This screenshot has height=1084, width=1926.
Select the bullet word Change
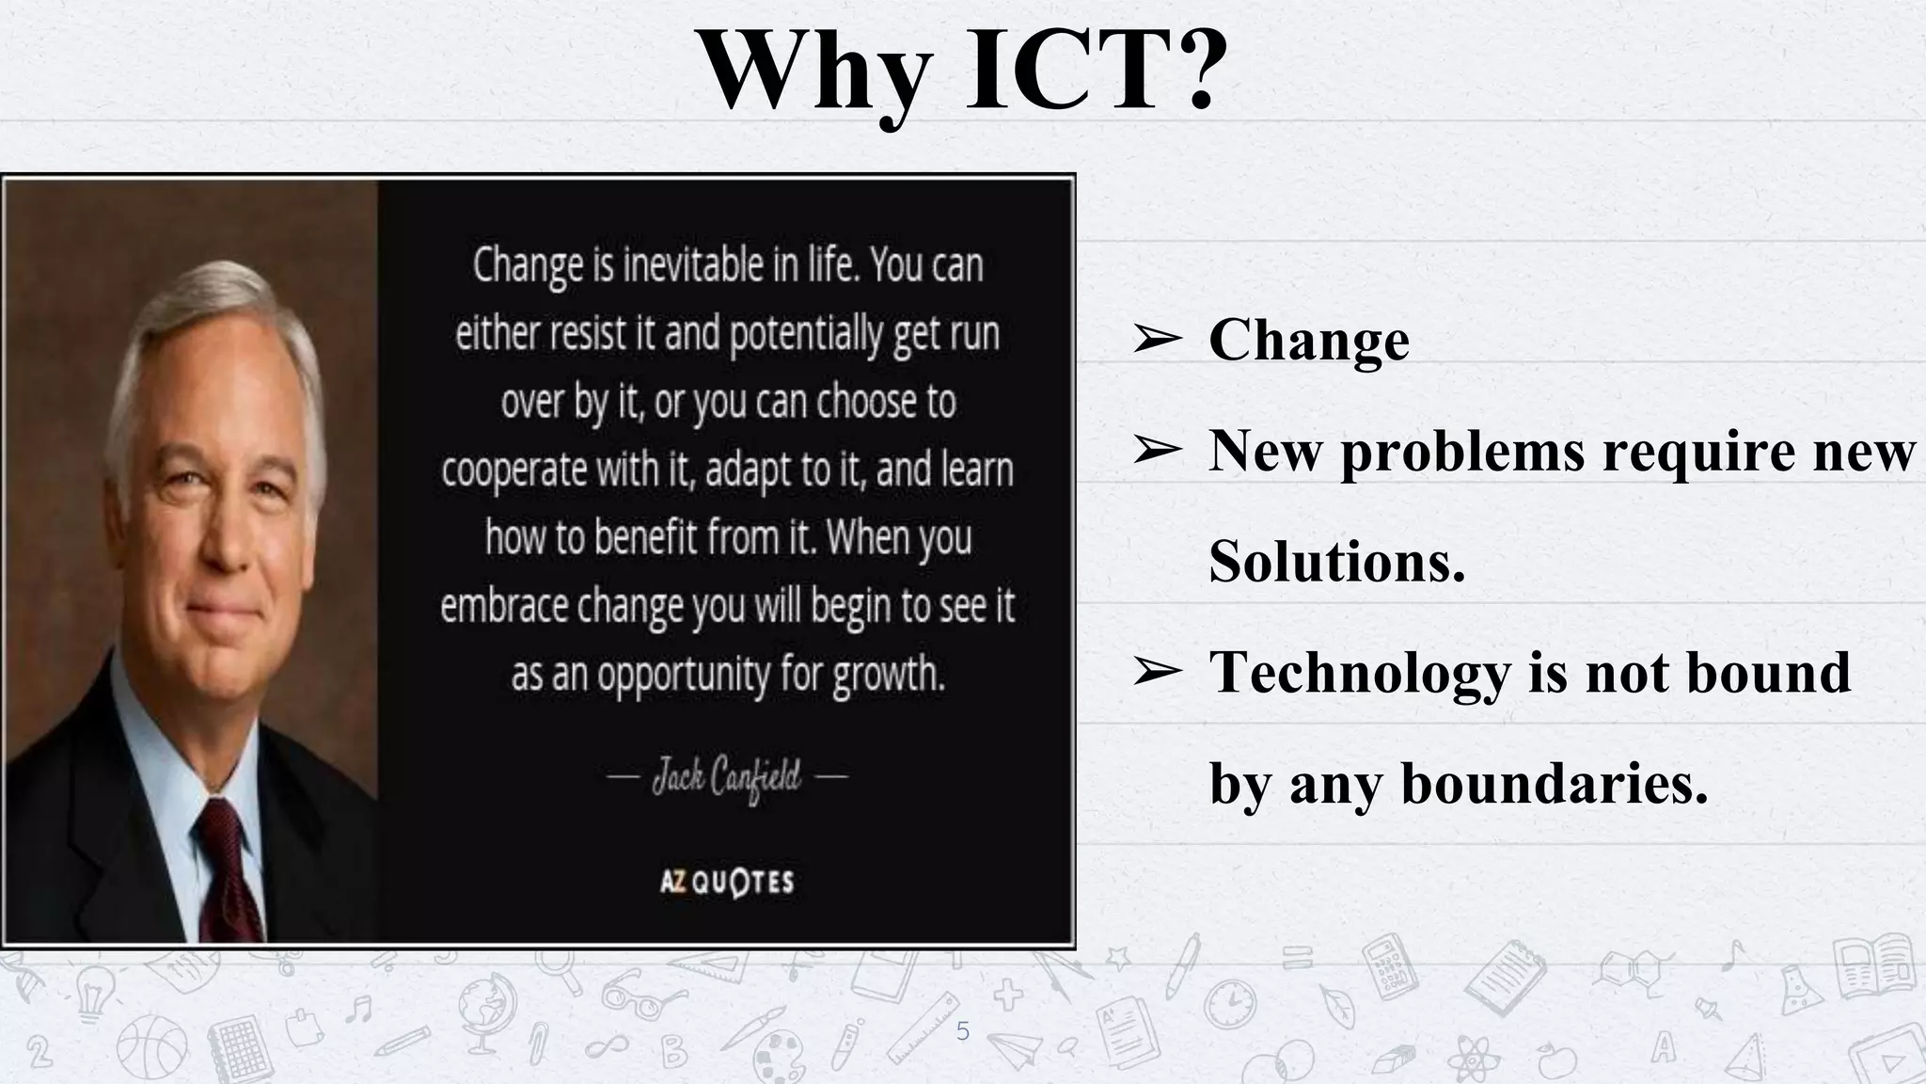pyautogui.click(x=1309, y=341)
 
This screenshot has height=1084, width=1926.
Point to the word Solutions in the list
pyautogui.click(x=1336, y=563)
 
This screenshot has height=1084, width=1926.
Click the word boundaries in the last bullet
pyautogui.click(x=1554, y=783)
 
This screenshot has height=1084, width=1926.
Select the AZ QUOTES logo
pyautogui.click(x=727, y=882)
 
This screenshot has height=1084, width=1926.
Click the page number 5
pyautogui.click(x=962, y=1031)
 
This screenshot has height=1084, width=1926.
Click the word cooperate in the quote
pyautogui.click(x=513, y=470)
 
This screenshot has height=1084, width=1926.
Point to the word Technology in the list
pyautogui.click(x=1354, y=672)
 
